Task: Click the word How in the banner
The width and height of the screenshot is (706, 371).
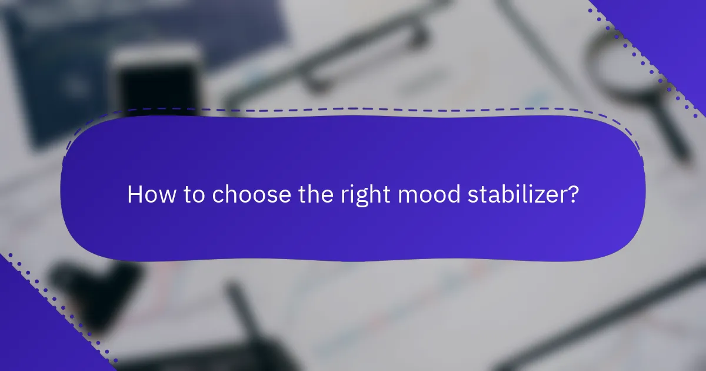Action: (144, 195)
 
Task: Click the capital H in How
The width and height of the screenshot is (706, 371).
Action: (135, 195)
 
